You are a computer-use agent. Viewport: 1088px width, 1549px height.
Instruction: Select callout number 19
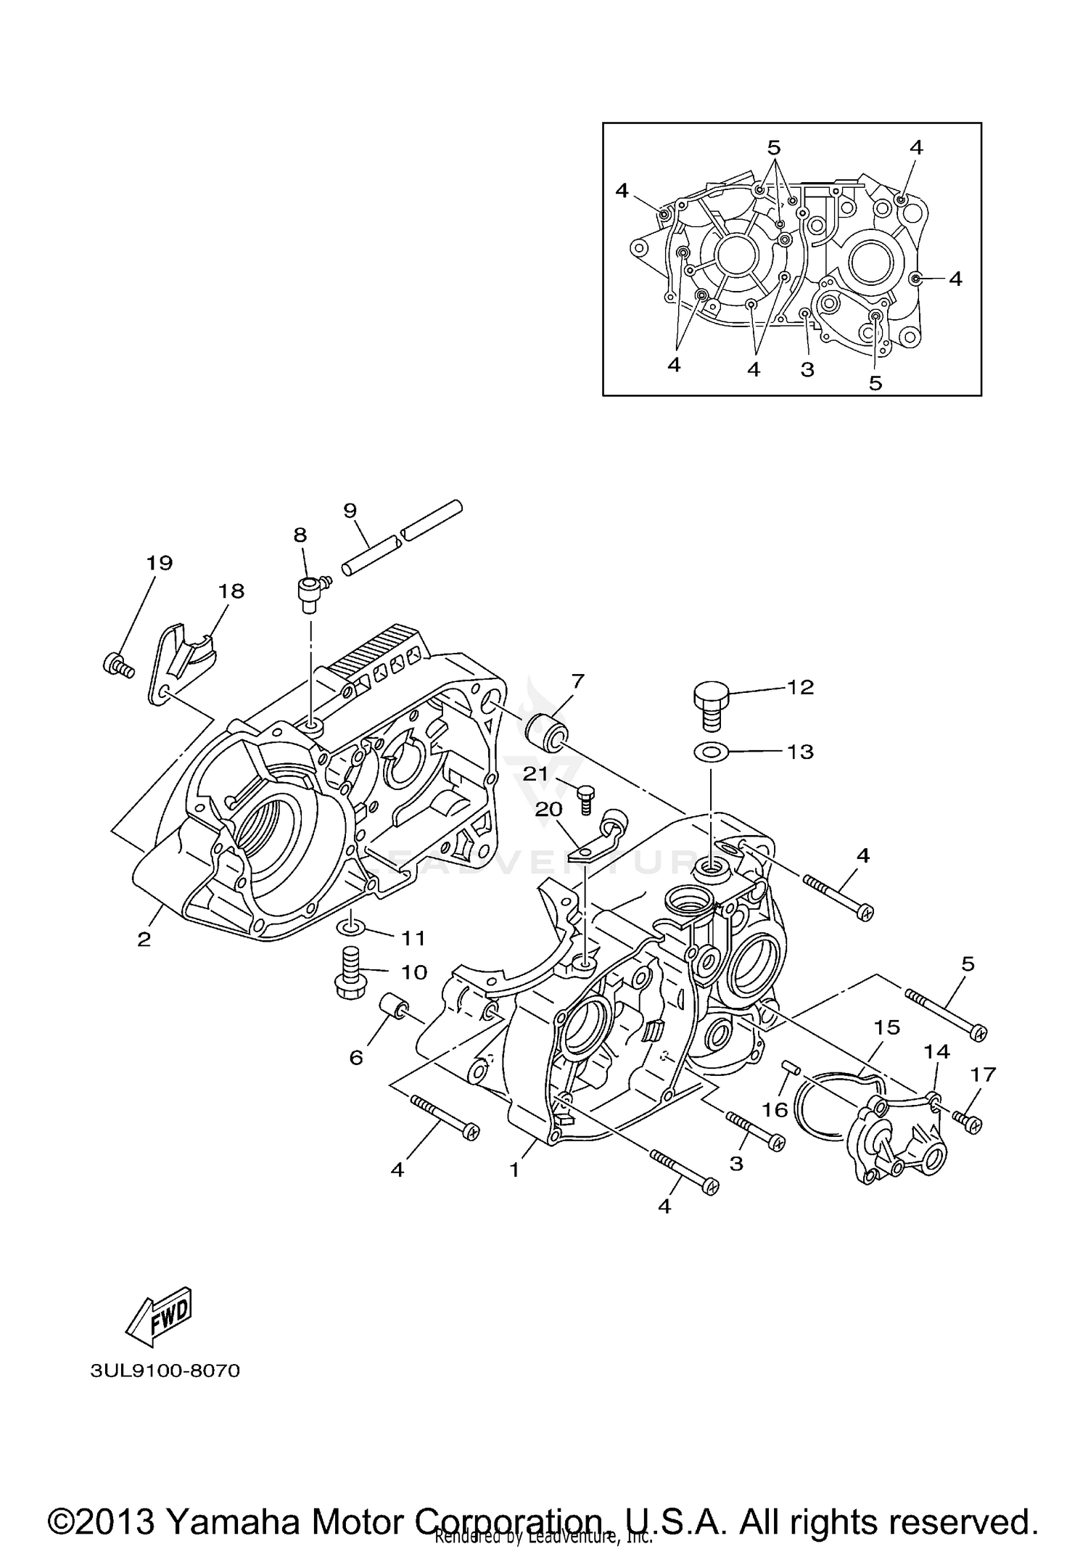(159, 562)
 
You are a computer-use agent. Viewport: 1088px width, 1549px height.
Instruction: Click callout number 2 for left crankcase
(144, 939)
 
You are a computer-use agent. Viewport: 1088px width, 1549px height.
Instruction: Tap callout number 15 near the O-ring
(886, 1027)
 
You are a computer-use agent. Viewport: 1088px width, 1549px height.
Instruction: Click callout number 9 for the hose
(350, 511)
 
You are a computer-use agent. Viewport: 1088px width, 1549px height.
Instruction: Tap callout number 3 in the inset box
(807, 369)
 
